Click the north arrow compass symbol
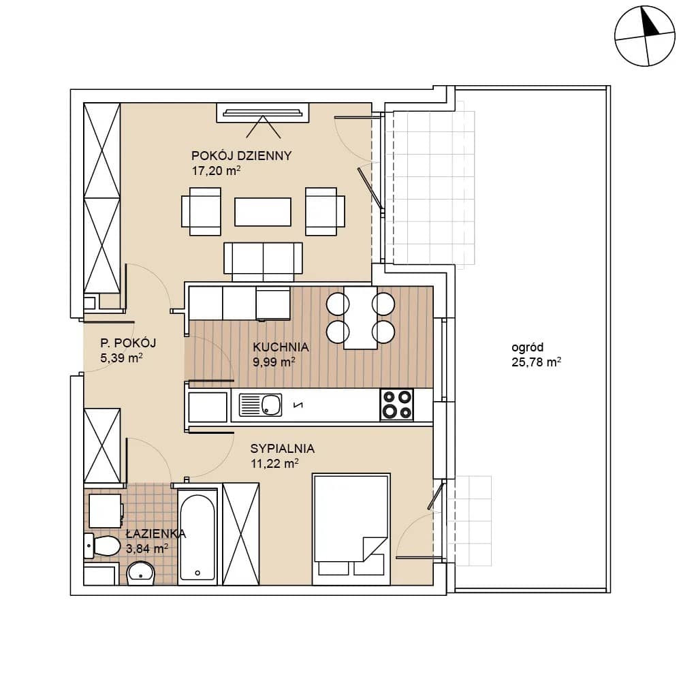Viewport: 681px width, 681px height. (x=645, y=36)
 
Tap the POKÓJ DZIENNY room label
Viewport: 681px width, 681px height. (x=242, y=155)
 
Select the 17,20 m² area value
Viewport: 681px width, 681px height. (x=217, y=171)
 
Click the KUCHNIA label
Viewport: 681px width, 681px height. (x=281, y=347)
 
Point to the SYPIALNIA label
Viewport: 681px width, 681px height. (x=283, y=449)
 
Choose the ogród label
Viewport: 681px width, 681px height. (x=527, y=347)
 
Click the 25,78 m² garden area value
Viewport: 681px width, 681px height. (x=537, y=362)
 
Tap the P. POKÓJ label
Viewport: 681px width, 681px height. (x=128, y=343)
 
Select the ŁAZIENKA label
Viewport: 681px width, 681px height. (x=155, y=534)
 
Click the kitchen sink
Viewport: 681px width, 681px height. (x=260, y=405)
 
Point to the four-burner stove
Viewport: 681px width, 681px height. (x=397, y=405)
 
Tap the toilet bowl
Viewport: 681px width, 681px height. (x=103, y=545)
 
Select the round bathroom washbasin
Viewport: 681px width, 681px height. (x=140, y=573)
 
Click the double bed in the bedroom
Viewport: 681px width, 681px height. (x=351, y=529)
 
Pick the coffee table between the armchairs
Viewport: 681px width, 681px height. (x=263, y=212)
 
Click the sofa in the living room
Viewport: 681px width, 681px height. (x=263, y=262)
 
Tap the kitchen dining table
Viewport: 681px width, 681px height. (x=360, y=317)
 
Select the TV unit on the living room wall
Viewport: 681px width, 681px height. (x=263, y=113)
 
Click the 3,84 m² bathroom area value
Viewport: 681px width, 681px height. (x=147, y=548)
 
